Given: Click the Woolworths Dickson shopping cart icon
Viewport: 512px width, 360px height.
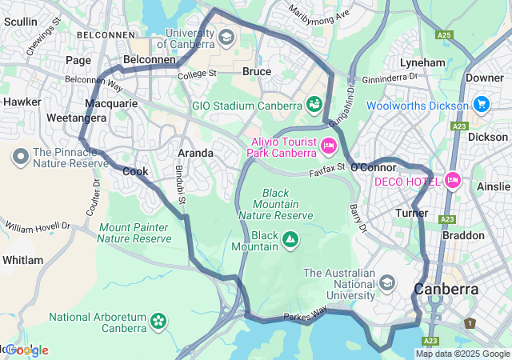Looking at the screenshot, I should click(x=481, y=105).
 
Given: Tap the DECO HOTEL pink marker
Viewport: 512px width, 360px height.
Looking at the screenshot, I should click(x=453, y=180).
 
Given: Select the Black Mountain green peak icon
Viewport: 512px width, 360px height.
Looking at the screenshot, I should click(x=290, y=238).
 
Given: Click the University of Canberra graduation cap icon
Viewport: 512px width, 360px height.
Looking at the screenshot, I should click(x=226, y=38).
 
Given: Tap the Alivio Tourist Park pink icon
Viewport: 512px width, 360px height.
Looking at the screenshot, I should click(x=328, y=146).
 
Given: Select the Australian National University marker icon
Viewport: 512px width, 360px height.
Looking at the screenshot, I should click(x=388, y=282).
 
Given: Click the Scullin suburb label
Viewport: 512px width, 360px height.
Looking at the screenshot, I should click(x=21, y=22).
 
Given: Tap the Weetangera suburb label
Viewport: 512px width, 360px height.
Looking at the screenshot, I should click(x=32, y=118).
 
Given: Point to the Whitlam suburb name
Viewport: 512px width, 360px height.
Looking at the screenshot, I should click(x=22, y=260).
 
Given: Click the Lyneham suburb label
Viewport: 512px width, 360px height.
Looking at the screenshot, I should click(x=422, y=62).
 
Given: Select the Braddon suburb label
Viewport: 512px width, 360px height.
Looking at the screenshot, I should click(x=463, y=235).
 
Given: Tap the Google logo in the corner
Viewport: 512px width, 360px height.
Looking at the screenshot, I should click(x=26, y=350).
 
